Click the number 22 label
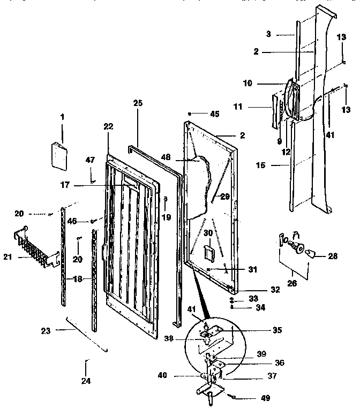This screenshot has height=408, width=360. [x=108, y=126]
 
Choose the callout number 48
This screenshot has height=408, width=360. [x=166, y=158]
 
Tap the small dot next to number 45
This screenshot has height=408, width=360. [x=191, y=114]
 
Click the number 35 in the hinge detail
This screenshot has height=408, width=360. [x=277, y=330]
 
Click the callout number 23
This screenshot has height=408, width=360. [x=46, y=331]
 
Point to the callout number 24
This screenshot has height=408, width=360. [x=86, y=381]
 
